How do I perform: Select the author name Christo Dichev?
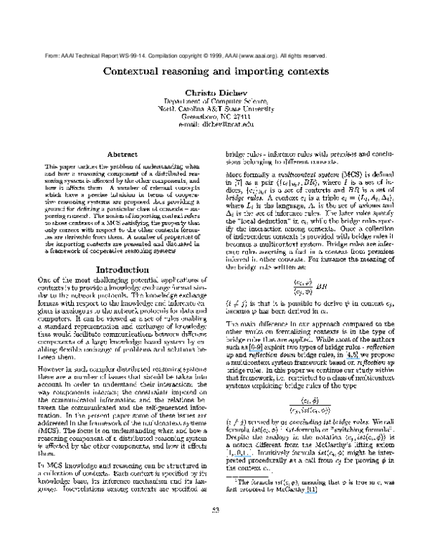pyautogui.click(x=216, y=94)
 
